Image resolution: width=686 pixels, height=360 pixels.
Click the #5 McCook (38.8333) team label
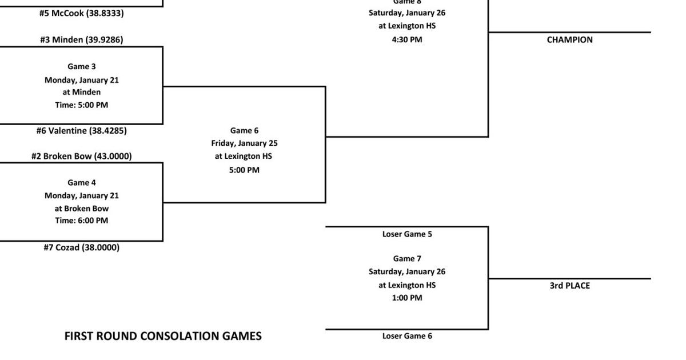click(81, 13)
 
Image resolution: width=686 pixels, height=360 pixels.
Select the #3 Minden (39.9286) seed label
click(81, 39)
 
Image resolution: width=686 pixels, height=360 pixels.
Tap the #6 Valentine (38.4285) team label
click(81, 130)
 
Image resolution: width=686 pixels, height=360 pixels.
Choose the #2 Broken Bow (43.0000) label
click(81, 156)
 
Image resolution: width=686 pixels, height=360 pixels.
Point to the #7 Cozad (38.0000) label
click(81, 247)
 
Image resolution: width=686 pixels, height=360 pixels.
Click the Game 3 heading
click(81, 66)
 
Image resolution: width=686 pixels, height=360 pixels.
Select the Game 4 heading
click(81, 183)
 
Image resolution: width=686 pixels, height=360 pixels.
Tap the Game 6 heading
click(244, 130)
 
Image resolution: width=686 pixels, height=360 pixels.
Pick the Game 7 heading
click(406, 258)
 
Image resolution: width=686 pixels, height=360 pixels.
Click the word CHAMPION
click(569, 40)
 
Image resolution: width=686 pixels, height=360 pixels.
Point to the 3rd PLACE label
click(569, 285)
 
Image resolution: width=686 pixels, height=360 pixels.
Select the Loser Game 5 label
click(406, 234)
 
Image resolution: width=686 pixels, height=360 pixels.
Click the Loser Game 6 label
click(406, 336)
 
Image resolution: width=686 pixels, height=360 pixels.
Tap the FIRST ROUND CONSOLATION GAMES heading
click(163, 336)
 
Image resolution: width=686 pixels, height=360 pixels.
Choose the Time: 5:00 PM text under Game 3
click(81, 105)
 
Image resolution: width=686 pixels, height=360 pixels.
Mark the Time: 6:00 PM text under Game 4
click(81, 221)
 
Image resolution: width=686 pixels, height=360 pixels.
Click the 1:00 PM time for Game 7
click(406, 298)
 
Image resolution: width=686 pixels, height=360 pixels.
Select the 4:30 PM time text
click(406, 39)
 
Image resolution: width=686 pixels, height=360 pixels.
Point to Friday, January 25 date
click(244, 143)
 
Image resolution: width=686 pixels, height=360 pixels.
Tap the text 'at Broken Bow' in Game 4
click(81, 209)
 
